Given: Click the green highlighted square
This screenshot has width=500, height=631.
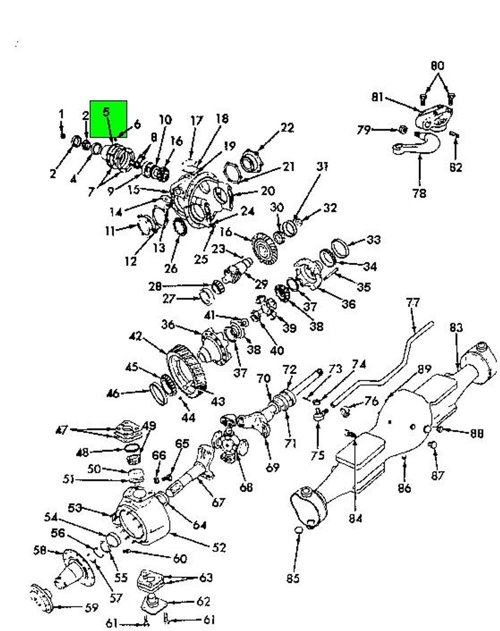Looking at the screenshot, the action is [x=108, y=119].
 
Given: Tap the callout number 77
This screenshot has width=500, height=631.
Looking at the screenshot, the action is [x=413, y=303].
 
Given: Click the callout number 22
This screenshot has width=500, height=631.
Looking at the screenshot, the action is [x=287, y=127].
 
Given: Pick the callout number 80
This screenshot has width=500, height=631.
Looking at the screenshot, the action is [x=437, y=65].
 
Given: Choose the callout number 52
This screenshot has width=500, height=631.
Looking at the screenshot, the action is [x=218, y=547].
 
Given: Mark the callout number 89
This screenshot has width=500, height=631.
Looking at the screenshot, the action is [x=424, y=369].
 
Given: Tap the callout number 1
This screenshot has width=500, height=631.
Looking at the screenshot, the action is [x=61, y=114].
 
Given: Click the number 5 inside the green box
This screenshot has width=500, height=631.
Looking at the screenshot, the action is [x=106, y=112].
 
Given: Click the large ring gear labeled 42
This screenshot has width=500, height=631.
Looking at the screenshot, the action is [x=187, y=371].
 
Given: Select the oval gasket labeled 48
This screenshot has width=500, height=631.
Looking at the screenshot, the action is [x=131, y=448].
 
